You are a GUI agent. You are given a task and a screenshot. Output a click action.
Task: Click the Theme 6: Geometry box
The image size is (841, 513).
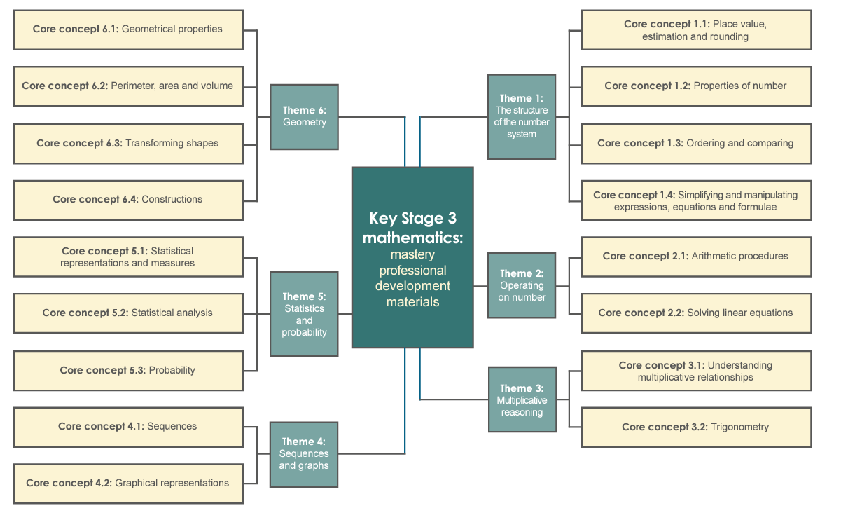point(304,116)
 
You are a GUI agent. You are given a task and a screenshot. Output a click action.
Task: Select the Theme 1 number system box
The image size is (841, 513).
point(522,116)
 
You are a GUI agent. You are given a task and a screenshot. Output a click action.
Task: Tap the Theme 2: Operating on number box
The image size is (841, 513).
point(522,285)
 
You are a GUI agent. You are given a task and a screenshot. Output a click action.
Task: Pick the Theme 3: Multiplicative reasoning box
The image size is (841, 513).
point(522,399)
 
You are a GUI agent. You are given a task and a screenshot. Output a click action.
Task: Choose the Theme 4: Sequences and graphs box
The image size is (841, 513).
point(304,453)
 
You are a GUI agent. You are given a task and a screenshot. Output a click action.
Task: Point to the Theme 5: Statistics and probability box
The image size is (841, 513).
point(304,314)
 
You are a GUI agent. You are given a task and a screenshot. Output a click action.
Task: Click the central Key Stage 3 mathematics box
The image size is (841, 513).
point(412,257)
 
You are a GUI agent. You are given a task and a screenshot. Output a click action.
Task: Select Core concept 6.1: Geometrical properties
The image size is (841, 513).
point(128,29)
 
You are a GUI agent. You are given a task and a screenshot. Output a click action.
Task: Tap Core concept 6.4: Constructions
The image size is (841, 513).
point(128,200)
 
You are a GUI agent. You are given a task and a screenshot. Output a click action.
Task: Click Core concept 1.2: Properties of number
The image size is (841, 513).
point(696,86)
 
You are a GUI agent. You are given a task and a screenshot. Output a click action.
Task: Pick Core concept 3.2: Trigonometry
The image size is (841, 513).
point(696,427)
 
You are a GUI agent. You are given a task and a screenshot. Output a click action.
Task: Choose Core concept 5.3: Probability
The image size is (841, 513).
point(128,371)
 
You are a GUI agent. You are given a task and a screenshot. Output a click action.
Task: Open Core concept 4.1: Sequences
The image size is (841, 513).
point(128,427)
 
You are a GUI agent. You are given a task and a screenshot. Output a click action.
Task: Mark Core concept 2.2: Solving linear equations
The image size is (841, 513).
point(696,313)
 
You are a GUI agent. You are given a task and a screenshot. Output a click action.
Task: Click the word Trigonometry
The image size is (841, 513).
point(740,427)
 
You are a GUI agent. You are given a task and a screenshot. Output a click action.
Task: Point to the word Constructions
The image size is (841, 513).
point(172,200)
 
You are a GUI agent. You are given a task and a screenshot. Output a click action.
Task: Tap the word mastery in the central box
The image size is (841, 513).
point(412,254)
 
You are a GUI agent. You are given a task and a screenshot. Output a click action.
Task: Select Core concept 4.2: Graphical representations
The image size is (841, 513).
point(128,484)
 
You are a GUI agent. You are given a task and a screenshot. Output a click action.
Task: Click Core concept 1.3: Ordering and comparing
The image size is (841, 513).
point(696,144)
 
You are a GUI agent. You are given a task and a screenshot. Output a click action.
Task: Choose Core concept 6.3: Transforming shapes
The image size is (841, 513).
point(128,144)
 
